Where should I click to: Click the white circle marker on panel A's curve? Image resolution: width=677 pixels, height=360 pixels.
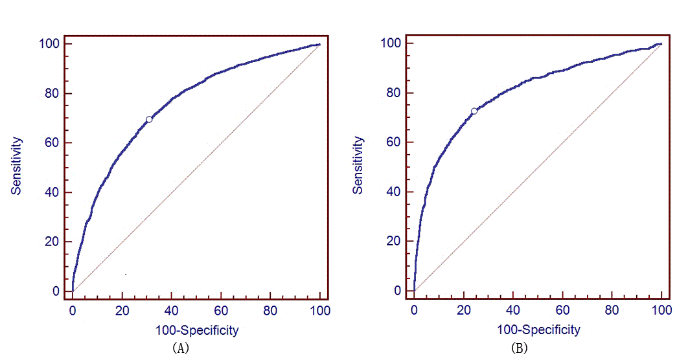pyautogui.click(x=149, y=119)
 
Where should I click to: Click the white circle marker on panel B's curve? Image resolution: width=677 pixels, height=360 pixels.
pyautogui.click(x=474, y=111)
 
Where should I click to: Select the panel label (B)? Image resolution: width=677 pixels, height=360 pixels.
pyautogui.click(x=520, y=348)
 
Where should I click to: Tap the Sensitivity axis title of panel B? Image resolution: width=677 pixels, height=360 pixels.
pyautogui.click(x=358, y=166)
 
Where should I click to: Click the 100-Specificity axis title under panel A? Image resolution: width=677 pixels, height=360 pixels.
pyautogui.click(x=197, y=330)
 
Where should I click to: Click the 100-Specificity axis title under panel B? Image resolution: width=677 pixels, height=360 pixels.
pyautogui.click(x=538, y=330)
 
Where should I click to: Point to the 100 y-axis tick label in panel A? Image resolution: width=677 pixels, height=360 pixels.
pyautogui.click(x=53, y=43)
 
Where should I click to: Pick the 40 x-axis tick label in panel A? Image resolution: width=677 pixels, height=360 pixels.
pyautogui.click(x=172, y=311)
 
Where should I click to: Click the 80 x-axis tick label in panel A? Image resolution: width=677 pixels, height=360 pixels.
pyautogui.click(x=271, y=311)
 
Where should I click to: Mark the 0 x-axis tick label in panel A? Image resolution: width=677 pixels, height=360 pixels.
pyautogui.click(x=73, y=311)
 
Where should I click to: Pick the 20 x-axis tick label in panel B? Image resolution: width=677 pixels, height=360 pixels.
pyautogui.click(x=464, y=311)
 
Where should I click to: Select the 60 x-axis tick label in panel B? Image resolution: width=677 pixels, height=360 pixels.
pyautogui.click(x=562, y=311)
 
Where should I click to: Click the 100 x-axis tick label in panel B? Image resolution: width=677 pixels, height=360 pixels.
pyautogui.click(x=661, y=311)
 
